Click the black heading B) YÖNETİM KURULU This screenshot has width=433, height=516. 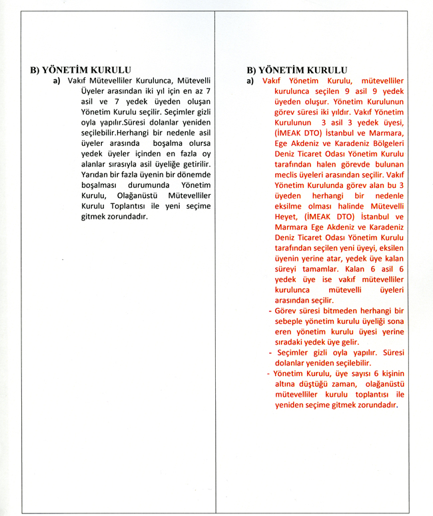[x=81, y=69]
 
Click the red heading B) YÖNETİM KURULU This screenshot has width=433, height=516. [x=297, y=70]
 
